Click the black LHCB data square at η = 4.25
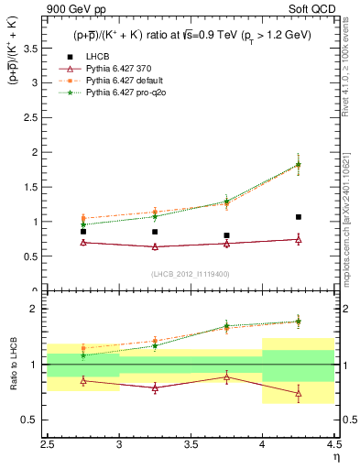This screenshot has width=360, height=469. click(x=299, y=217)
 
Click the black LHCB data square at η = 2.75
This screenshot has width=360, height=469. click(x=83, y=232)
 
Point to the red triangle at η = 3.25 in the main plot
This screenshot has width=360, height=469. click(x=155, y=246)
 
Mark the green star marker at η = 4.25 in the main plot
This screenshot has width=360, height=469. click(x=299, y=165)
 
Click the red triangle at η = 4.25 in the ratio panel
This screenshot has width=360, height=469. click(x=299, y=393)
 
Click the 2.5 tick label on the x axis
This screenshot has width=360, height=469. click(x=48, y=445)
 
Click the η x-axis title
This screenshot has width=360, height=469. click(x=335, y=458)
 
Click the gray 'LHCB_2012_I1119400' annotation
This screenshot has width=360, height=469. click(x=191, y=274)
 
